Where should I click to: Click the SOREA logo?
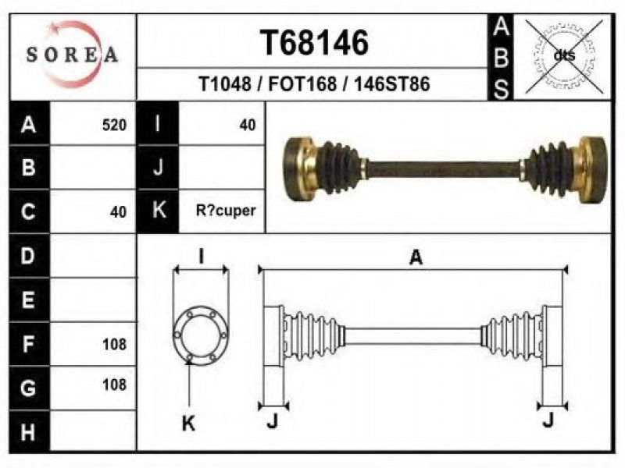pyautogui.click(x=73, y=54)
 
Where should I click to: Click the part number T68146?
pyautogui.click(x=314, y=43)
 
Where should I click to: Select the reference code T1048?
pyautogui.click(x=225, y=84)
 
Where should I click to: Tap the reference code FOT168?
pyautogui.click(x=302, y=84)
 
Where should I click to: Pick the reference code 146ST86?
pyautogui.click(x=392, y=84)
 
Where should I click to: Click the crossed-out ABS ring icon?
pyautogui.click(x=563, y=56)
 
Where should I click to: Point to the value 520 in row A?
pyautogui.click(x=114, y=125)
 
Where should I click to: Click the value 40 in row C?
pyautogui.click(x=119, y=211)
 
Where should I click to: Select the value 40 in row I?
pyautogui.click(x=247, y=125)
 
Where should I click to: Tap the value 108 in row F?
pyautogui.click(x=114, y=344)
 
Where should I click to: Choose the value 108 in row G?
pyautogui.click(x=114, y=385)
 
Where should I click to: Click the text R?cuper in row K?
pyautogui.click(x=226, y=211)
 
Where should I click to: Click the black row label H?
pyautogui.click(x=29, y=432)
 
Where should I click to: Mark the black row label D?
pyautogui.click(x=29, y=256)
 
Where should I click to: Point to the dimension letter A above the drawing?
pyautogui.click(x=416, y=257)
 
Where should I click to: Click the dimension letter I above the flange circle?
pyautogui.click(x=202, y=256)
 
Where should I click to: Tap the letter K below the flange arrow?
pyautogui.click(x=188, y=423)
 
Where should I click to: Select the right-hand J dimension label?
pyautogui.click(x=549, y=420)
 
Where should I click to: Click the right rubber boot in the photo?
pyautogui.click(x=552, y=169)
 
